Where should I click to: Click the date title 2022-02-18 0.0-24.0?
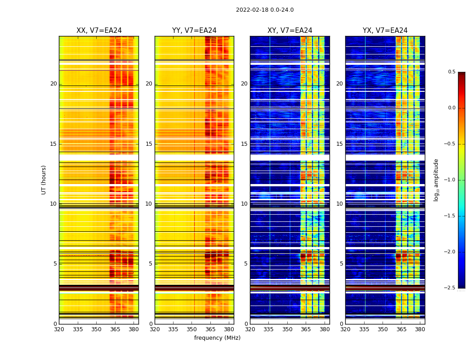[265, 10]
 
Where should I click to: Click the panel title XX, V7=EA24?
[99, 31]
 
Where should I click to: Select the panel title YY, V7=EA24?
[194, 31]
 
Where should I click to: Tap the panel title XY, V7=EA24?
[290, 31]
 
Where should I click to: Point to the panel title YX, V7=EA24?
[385, 31]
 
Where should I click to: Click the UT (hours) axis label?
[44, 180]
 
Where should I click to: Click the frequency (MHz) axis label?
[217, 338]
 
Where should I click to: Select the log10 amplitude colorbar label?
[436, 180]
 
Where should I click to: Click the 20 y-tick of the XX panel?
[53, 84]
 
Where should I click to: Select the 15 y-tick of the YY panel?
[149, 144]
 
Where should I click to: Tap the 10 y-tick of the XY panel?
[244, 204]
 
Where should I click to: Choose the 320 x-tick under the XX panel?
[59, 329]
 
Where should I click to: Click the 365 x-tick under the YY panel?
[210, 329]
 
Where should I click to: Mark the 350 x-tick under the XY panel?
[287, 329]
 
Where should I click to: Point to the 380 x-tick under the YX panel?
[420, 329]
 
